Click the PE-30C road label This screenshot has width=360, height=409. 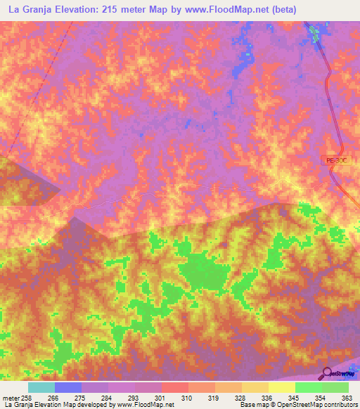336,161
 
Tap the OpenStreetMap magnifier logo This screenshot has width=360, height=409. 327,372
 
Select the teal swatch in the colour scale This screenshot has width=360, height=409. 41,387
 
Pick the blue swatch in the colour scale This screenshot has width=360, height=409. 67,387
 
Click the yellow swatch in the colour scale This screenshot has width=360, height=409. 281,387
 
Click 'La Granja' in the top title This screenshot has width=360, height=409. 29,9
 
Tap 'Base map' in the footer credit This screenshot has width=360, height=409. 252,405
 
